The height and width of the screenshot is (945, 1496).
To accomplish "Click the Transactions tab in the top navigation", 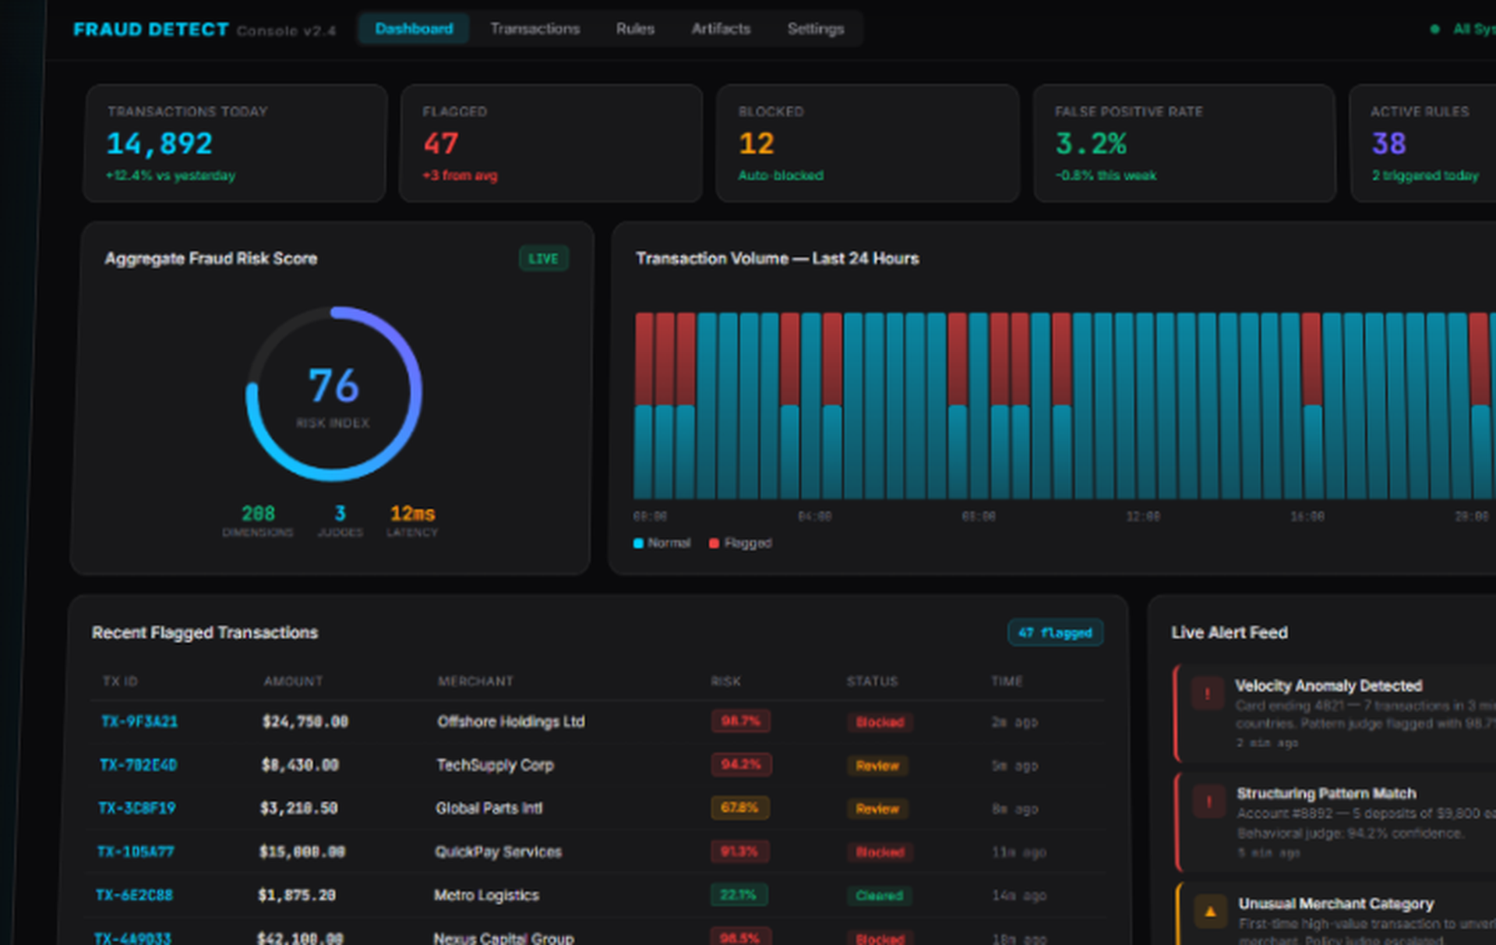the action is coord(535,29).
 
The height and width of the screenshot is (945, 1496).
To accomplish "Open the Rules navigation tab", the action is coord(635,29).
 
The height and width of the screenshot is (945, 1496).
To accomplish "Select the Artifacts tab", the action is coord(721,29).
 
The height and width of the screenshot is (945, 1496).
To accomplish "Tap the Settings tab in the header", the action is coord(815,29).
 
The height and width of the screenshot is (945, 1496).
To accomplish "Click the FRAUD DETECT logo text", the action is coord(150,30).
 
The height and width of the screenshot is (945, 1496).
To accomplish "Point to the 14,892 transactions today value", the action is coord(159,143).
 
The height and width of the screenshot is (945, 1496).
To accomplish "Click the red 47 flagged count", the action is coord(441,143).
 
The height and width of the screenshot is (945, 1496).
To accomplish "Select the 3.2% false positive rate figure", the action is coord(1091,143).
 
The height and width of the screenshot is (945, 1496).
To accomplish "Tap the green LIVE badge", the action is coord(543,259).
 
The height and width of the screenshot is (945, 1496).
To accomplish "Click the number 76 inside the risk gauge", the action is coord(333,386).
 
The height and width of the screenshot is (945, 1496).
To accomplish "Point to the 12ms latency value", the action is coord(412,514).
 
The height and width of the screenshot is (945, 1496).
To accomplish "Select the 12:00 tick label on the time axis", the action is coord(1142,516).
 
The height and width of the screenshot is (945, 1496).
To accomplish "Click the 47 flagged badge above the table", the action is coord(1055,632).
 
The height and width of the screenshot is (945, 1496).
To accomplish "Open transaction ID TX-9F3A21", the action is coord(139,722).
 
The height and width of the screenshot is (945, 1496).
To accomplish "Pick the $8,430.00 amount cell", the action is coord(300,765).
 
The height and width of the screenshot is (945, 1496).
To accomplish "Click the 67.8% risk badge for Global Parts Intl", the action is coord(739,808).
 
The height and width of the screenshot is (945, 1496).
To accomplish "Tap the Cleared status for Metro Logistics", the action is coord(879,895).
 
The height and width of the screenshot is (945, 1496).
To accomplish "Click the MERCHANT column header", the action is coord(475,681).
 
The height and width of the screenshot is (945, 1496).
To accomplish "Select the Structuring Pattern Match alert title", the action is coord(1326,794).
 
